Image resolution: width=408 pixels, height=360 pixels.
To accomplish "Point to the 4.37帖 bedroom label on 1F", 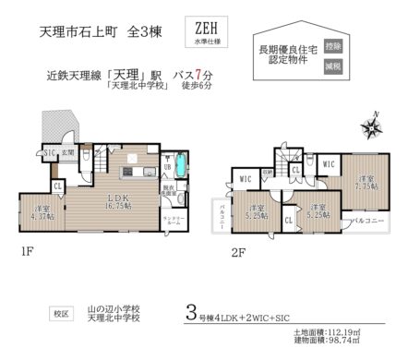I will tap(41, 213).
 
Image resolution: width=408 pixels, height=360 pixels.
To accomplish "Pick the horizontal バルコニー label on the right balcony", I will tap(368, 222).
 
